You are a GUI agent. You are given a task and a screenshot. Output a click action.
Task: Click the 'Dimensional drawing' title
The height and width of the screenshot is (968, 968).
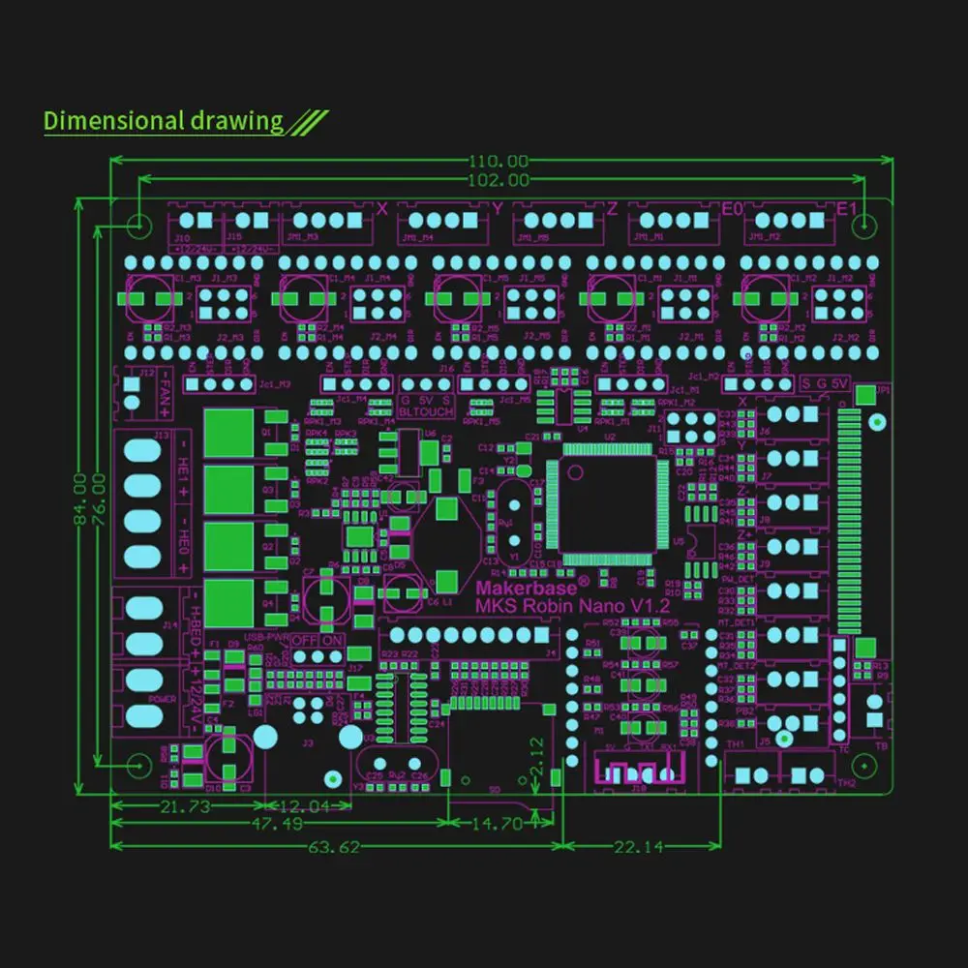[x=163, y=121]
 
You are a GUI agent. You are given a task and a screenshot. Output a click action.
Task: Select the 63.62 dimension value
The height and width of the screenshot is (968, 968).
[x=334, y=847]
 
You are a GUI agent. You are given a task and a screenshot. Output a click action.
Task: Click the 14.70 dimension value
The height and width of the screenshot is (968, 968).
[x=498, y=825]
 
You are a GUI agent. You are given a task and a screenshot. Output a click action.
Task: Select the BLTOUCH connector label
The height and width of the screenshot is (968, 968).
[x=426, y=409]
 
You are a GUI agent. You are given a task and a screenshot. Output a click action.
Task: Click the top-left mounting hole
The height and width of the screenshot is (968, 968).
[x=138, y=226]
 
